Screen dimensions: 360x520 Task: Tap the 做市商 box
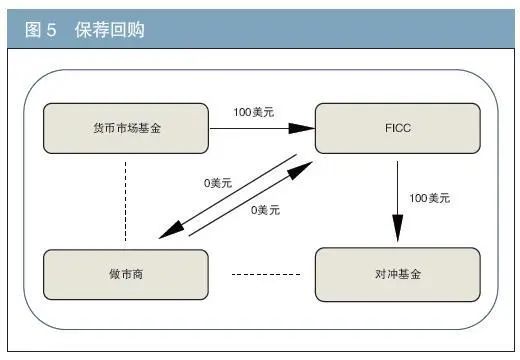[x=125, y=274]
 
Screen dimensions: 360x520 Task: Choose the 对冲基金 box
[x=397, y=274]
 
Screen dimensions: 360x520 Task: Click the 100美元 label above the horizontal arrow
[x=254, y=112]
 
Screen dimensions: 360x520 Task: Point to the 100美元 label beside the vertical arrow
[x=429, y=198]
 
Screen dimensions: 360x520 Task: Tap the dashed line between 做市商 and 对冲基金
[x=266, y=274]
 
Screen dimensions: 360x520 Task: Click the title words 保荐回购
[x=109, y=30]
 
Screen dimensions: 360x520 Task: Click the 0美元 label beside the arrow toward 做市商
[x=217, y=184]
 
